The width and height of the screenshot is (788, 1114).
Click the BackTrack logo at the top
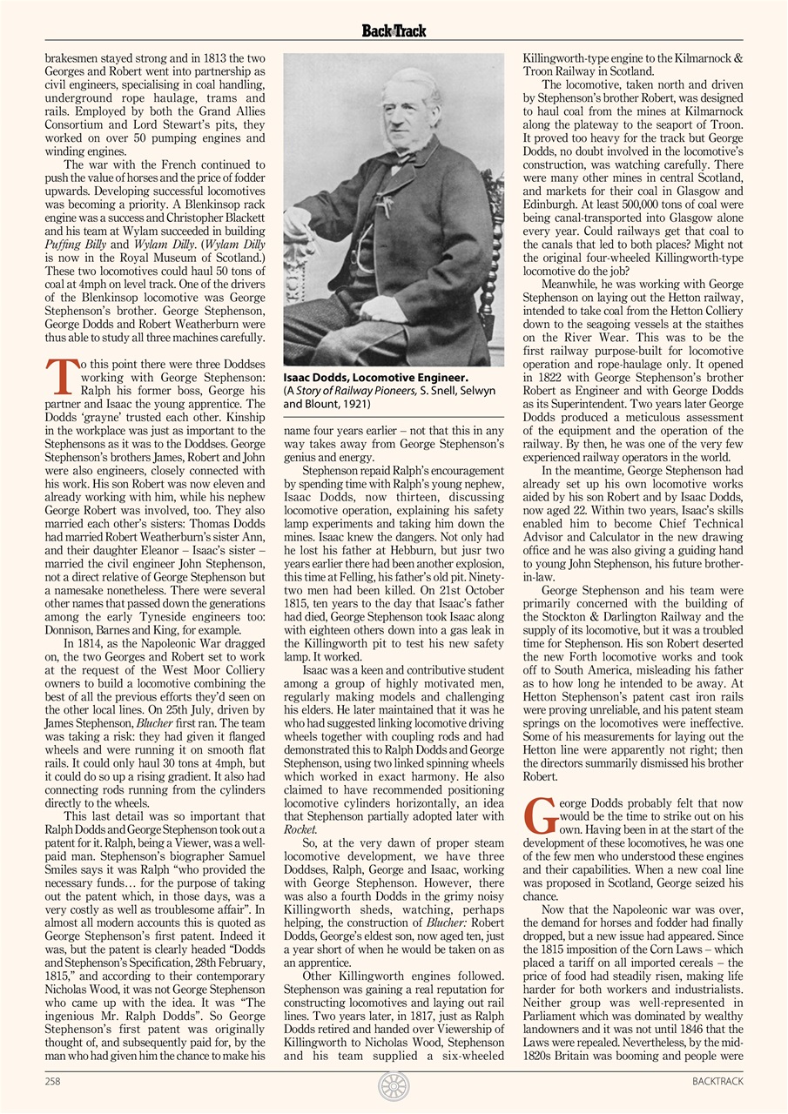click(394, 31)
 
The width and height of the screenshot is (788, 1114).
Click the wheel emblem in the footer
click(394, 1086)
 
